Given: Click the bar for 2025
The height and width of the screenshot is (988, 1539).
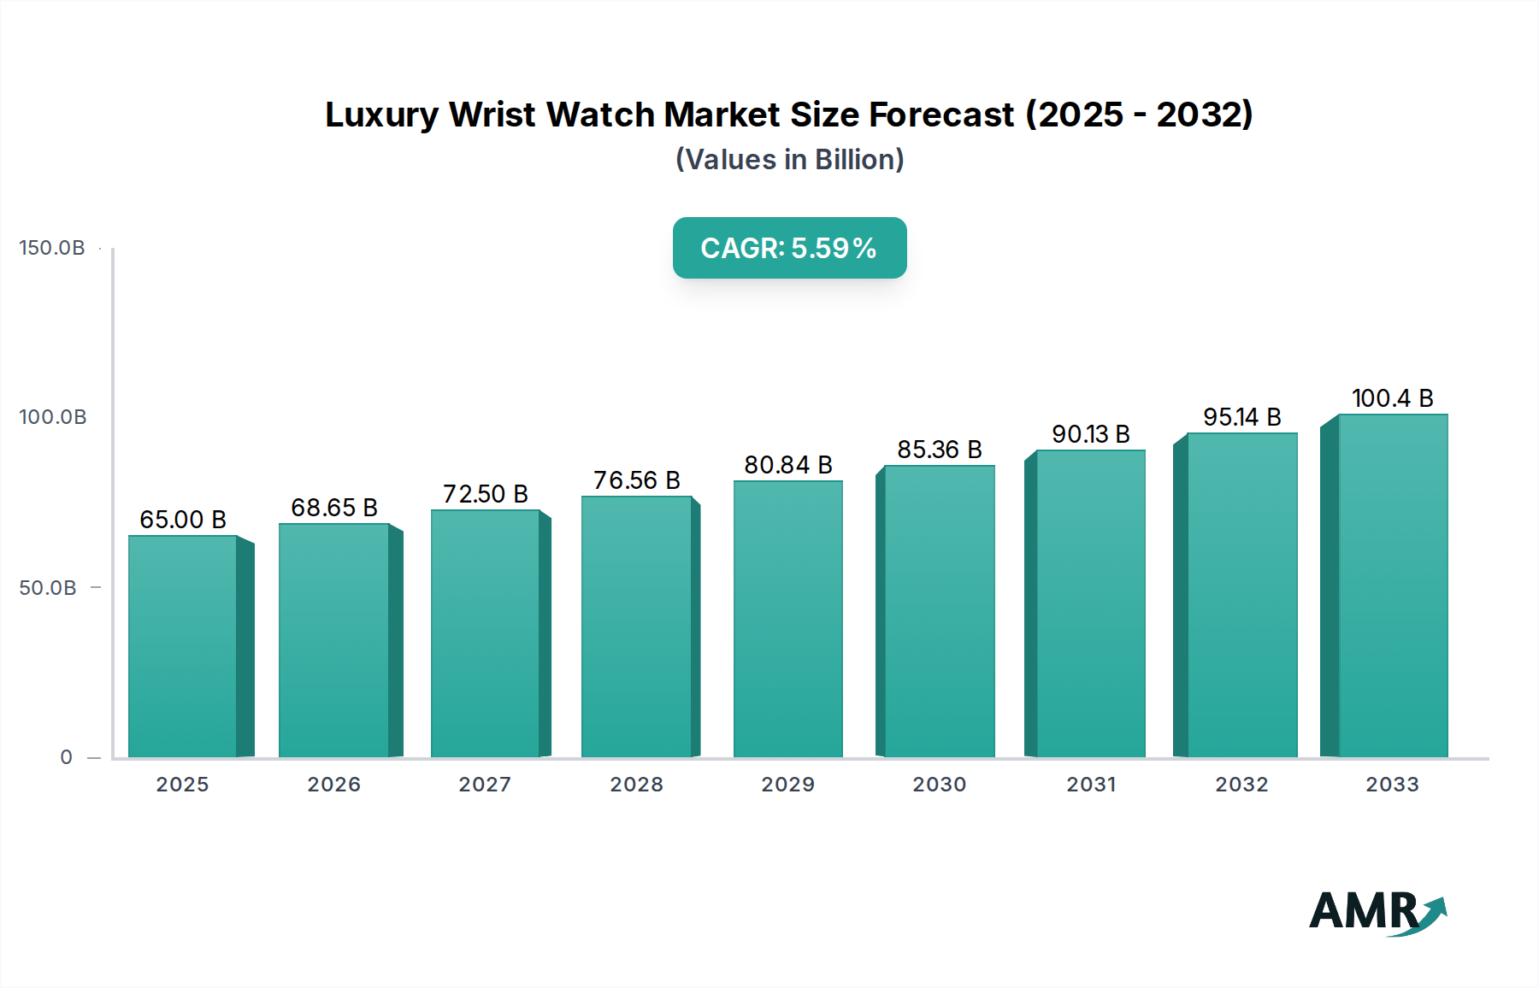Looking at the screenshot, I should [x=182, y=646].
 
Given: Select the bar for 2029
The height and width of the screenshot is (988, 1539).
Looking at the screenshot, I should [x=787, y=619].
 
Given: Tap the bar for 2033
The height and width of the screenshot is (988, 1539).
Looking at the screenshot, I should [x=1393, y=585].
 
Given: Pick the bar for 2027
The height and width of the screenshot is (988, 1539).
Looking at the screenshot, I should [x=485, y=633].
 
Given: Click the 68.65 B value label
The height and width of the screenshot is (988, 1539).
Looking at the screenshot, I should [x=334, y=508].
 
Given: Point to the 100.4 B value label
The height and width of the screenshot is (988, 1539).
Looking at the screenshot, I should [x=1392, y=398].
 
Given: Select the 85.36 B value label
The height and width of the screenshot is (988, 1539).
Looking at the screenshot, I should [x=939, y=450].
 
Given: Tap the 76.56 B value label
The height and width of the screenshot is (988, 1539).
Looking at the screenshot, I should [x=637, y=480].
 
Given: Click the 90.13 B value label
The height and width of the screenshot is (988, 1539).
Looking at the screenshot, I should [x=1090, y=434].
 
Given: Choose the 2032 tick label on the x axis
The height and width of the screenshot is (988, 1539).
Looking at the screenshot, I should [x=1241, y=785].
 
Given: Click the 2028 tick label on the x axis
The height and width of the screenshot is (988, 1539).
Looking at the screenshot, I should [x=636, y=785].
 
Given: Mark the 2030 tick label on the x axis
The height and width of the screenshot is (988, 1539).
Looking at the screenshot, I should [x=939, y=785].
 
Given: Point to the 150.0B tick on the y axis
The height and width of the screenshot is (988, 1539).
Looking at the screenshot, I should [x=52, y=248].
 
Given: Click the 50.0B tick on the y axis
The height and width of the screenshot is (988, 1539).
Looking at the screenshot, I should [x=48, y=588].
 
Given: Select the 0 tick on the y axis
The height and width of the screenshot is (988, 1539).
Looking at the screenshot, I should [x=66, y=757].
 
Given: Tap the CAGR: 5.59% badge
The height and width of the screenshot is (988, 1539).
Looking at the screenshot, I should [x=789, y=248].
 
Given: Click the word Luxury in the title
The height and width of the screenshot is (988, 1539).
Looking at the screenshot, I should [x=381, y=115].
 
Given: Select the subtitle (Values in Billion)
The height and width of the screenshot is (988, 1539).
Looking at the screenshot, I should [x=789, y=160].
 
